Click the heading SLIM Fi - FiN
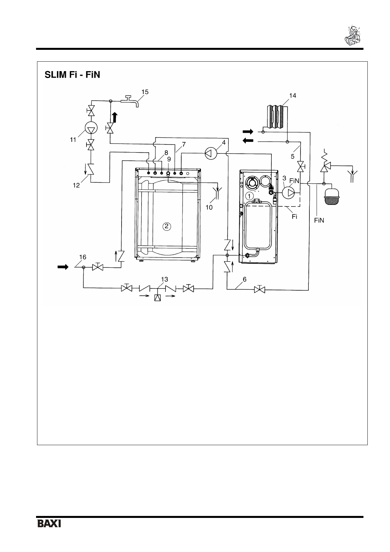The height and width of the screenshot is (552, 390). point(72,75)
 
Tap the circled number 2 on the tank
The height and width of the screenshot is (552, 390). point(167,226)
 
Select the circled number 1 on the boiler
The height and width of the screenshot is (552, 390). point(250,196)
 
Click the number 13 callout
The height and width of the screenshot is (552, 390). point(164,279)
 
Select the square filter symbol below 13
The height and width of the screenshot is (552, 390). point(157,298)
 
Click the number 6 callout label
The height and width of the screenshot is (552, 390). point(244,279)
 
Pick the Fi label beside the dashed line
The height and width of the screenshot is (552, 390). point(294,217)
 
